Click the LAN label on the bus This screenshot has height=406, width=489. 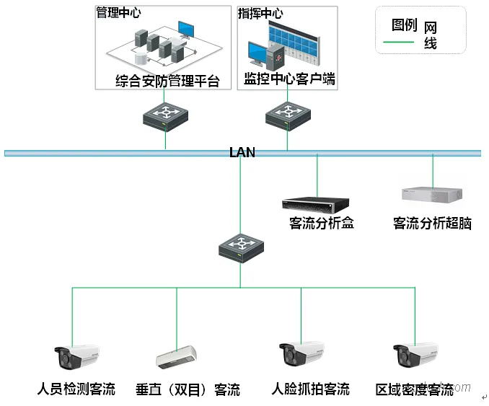242,152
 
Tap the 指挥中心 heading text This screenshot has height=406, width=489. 260,14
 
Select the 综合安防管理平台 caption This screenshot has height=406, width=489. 167,80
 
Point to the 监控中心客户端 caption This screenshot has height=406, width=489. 289,79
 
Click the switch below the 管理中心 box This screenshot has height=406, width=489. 165,115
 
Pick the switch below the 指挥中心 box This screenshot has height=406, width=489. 287,115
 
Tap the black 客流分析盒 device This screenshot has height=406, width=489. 315,203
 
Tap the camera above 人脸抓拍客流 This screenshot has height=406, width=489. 301,354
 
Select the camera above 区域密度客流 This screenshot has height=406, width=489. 415,354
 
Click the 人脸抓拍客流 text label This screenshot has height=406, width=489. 311,389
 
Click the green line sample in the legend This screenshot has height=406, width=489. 398,42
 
